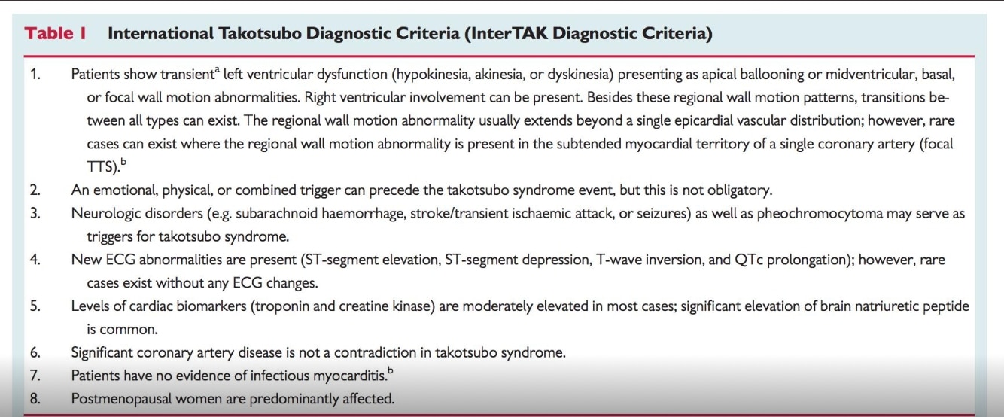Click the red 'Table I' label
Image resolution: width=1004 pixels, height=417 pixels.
[55, 33]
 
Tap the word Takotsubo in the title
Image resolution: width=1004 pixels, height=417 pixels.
[260, 33]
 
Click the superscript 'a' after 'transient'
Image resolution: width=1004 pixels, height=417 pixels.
[218, 69]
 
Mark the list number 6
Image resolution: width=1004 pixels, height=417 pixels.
[35, 352]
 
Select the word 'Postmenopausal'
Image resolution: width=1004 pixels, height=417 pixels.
[121, 399]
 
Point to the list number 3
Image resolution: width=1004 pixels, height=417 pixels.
[35, 214]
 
